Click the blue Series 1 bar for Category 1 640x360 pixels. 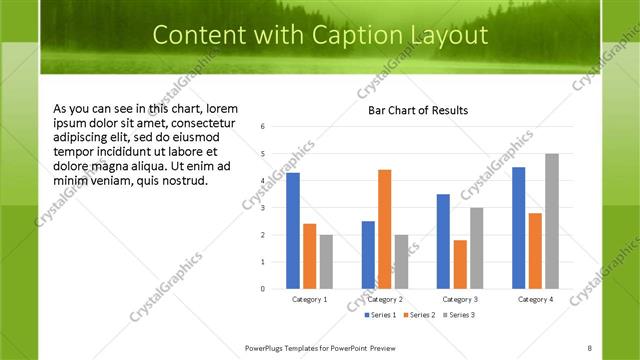293,231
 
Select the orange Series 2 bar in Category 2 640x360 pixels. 385,229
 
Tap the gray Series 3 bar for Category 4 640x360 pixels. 552,221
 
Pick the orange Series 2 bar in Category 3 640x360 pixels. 460,264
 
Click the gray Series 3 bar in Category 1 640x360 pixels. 326,262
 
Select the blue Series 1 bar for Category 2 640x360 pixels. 368,255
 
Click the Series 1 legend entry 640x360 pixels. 378,315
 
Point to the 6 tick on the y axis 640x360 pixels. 262,127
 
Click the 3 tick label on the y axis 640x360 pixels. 262,208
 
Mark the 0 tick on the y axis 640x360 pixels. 262,289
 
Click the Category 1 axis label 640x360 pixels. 309,299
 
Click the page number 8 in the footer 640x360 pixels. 589,347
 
